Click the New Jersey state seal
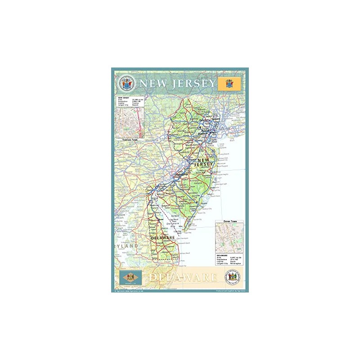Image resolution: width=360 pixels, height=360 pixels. (x=127, y=83)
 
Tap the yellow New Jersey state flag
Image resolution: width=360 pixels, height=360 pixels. (x=229, y=84)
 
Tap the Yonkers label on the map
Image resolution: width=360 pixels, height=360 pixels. (x=216, y=119)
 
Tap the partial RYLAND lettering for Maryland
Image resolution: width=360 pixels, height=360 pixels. (x=127, y=246)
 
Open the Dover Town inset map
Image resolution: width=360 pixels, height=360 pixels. (x=229, y=238)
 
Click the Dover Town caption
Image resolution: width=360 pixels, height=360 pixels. (x=229, y=222)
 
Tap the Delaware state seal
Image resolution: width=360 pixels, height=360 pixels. (x=233, y=276)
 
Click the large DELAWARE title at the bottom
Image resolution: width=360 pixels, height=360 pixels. (x=182, y=278)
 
